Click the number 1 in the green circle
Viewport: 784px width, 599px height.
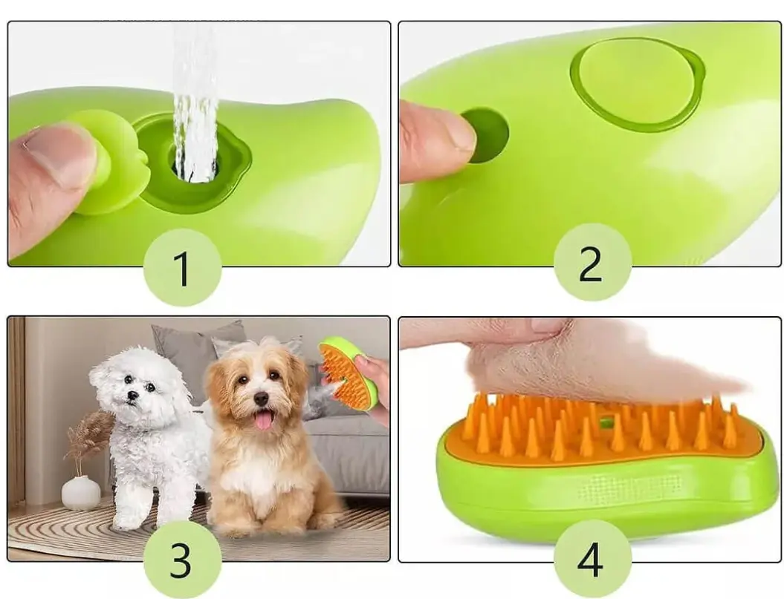[x=182, y=268]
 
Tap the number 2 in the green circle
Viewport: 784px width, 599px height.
[x=591, y=264]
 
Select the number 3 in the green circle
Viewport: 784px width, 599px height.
[x=181, y=560]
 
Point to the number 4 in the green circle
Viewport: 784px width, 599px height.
[x=590, y=559]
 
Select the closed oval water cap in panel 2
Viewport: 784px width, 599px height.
[x=637, y=85]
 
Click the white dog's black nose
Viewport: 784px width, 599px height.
[x=132, y=396]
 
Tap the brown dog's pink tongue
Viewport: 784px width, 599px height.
[x=263, y=419]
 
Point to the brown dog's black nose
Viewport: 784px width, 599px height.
[x=261, y=399]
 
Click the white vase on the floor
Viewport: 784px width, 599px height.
[x=81, y=493]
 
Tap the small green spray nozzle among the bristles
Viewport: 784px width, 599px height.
[x=606, y=422]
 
